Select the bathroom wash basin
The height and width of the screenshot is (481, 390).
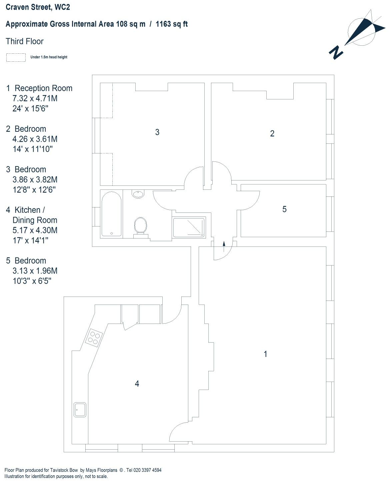point(138,194)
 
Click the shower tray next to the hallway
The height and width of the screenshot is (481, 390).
point(189,227)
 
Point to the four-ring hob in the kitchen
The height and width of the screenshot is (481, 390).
point(94,337)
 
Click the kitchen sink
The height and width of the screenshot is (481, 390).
point(80,409)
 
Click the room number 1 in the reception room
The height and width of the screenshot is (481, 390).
point(265,354)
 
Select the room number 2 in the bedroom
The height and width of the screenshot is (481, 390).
point(272,134)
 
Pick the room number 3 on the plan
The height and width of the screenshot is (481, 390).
point(157,132)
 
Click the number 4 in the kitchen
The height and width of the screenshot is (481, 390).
point(137,384)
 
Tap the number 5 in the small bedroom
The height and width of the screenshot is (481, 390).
point(284,209)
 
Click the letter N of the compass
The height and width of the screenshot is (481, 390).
point(336,52)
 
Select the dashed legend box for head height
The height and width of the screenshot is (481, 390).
point(16,57)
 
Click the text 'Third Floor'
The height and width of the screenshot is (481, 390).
point(25,41)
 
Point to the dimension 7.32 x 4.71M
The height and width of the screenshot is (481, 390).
point(35,98)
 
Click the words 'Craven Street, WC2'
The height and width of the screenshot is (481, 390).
point(38,7)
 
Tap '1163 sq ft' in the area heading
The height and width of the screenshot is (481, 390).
point(172,24)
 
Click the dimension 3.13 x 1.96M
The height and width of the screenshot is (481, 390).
point(35,271)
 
